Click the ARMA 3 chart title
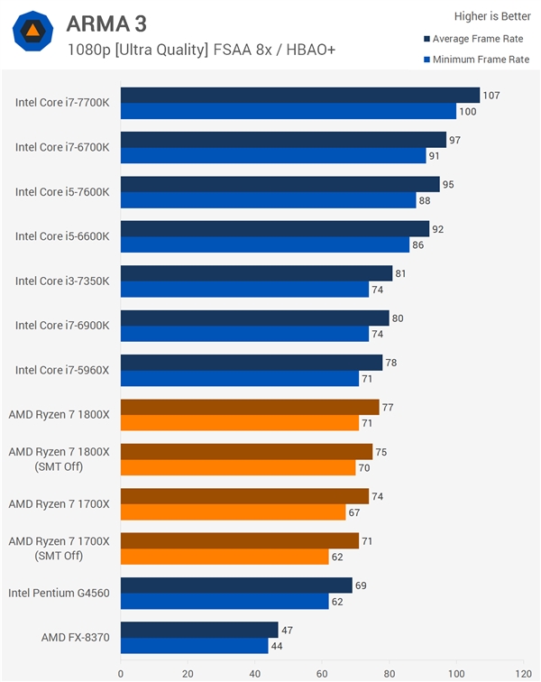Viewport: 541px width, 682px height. pyautogui.click(x=106, y=23)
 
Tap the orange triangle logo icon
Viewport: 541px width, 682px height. pyautogui.click(x=32, y=32)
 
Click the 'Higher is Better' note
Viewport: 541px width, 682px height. pyautogui.click(x=491, y=15)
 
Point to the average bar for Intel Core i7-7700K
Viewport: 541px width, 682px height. pyautogui.click(x=299, y=95)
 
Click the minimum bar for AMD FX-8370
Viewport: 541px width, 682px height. pyautogui.click(x=194, y=646)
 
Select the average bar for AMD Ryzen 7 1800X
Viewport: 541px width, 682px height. pyautogui.click(x=249, y=407)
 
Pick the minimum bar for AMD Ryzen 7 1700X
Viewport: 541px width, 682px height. pyautogui.click(x=233, y=512)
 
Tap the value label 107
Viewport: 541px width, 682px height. pyautogui.click(x=491, y=95)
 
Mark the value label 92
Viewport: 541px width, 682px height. pyautogui.click(x=438, y=229)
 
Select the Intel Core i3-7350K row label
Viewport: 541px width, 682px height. pyautogui.click(x=62, y=281)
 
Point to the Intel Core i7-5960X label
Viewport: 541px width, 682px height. pyautogui.click(x=62, y=370)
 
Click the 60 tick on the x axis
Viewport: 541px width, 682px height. pyautogui.click(x=322, y=672)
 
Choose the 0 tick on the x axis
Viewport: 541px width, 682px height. pyautogui.click(x=121, y=672)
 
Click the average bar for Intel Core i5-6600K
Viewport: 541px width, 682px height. pyautogui.click(x=275, y=229)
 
